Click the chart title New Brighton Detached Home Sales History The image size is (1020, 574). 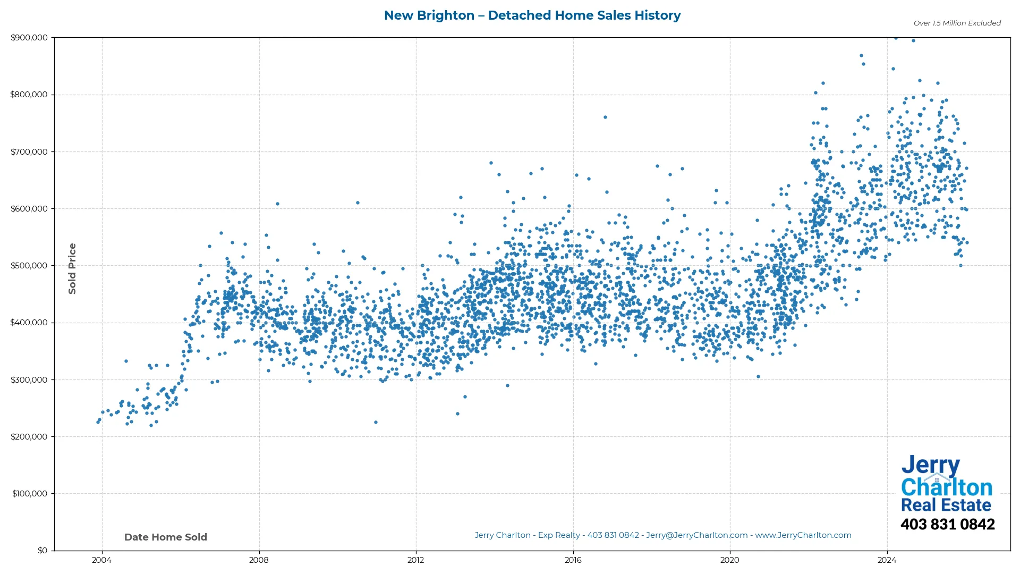tap(532, 15)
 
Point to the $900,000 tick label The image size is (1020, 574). tap(36, 38)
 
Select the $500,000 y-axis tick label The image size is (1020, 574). tap(36, 266)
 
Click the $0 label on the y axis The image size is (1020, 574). tap(42, 551)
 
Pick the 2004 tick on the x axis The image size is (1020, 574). tap(102, 560)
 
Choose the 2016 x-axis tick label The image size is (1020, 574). tap(573, 560)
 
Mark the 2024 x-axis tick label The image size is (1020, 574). tap(887, 560)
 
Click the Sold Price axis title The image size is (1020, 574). tap(72, 268)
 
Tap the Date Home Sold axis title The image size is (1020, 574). tap(166, 537)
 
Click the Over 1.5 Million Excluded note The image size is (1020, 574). tap(957, 23)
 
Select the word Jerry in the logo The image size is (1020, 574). tap(930, 465)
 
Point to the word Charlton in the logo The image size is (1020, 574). tap(946, 487)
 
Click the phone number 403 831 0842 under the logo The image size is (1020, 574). tap(947, 525)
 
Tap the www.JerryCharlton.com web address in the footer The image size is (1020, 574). tap(803, 535)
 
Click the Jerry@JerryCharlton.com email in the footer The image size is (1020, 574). tap(696, 535)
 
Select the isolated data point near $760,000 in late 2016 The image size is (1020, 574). tap(605, 117)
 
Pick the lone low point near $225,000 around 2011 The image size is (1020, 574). tap(376, 423)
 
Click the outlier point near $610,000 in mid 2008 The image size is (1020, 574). tap(277, 204)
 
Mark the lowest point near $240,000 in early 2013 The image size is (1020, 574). tap(457, 413)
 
